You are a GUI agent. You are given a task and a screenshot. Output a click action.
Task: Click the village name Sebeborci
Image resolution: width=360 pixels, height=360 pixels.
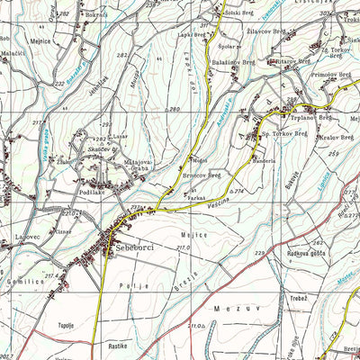[x=126, y=247]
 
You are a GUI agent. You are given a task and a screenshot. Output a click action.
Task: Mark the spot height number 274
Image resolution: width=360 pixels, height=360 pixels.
[x=238, y=191]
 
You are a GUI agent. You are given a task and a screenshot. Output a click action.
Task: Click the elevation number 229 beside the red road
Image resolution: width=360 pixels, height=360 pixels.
[x=260, y=254]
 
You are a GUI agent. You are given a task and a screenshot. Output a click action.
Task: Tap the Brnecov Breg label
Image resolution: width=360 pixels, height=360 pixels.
[x=202, y=175]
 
